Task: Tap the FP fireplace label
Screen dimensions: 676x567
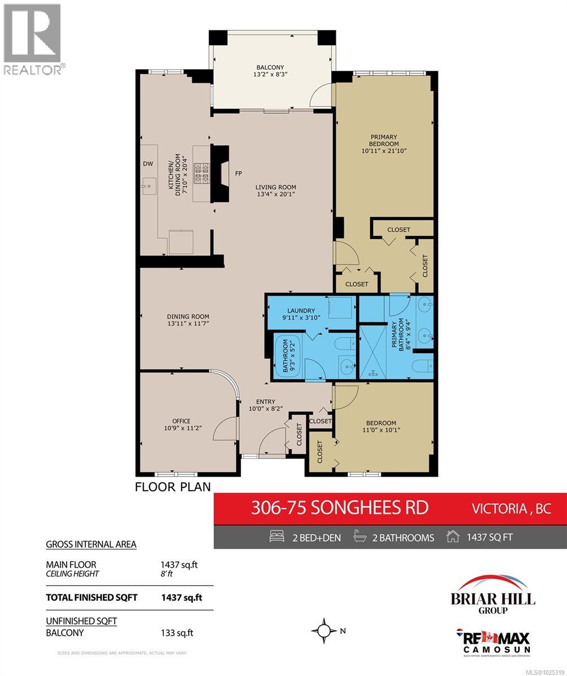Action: tap(239, 174)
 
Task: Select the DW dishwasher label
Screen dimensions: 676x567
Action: tap(148, 164)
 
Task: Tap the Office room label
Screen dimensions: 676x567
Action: tap(181, 421)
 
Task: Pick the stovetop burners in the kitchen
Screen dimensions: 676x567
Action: tap(202, 173)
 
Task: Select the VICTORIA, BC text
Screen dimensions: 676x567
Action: tap(511, 508)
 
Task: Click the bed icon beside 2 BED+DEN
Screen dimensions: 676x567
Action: tap(277, 537)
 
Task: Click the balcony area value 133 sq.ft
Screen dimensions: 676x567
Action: tap(177, 633)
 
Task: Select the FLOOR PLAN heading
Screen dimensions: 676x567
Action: tap(172, 487)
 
